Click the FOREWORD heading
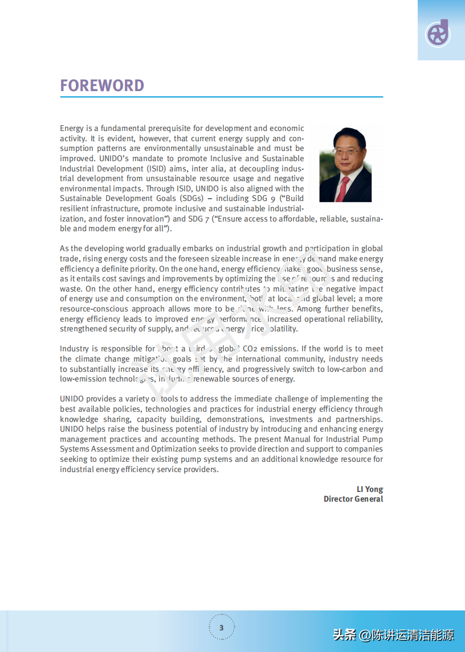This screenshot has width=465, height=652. (102, 85)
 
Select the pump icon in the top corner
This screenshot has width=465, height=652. (438, 33)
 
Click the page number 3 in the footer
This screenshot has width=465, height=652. (221, 628)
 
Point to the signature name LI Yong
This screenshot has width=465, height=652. (369, 489)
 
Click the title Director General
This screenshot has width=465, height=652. (353, 499)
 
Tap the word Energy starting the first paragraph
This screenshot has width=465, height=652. (72, 128)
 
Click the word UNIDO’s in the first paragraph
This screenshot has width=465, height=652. (116, 158)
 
